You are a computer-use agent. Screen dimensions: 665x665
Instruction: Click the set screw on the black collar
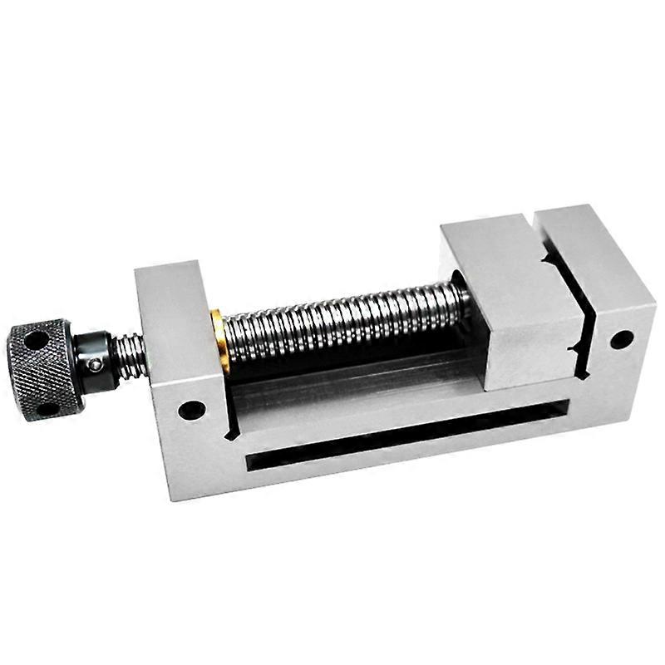96,364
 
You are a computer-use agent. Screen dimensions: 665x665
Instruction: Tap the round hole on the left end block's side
192,410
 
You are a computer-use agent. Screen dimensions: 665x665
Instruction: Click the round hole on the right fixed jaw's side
620,339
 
